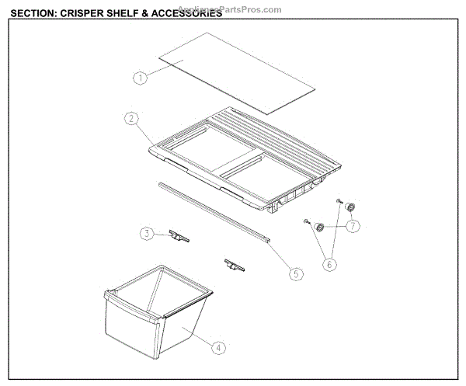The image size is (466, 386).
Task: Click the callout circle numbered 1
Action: (x=140, y=77)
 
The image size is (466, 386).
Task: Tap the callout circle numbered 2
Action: (x=132, y=119)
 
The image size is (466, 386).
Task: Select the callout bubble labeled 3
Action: (x=147, y=233)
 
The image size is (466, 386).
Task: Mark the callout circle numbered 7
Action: (x=353, y=226)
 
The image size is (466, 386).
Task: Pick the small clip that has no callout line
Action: (x=233, y=266)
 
